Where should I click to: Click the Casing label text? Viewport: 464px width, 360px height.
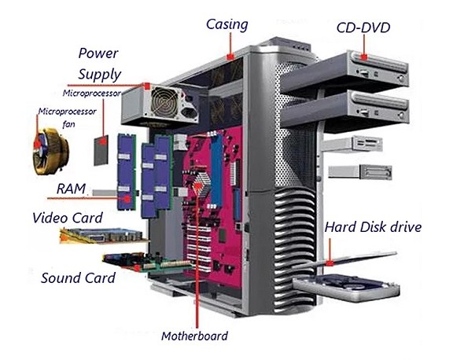[x=227, y=24]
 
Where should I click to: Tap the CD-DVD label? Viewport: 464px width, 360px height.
[x=363, y=28]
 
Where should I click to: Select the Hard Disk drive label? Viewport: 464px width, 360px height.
[x=373, y=227]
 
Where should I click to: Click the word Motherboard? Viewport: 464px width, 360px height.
[x=195, y=336]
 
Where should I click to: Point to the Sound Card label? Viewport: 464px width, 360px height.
[x=78, y=278]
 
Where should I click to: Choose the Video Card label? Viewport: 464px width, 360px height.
[x=68, y=218]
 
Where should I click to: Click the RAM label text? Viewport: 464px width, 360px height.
[x=71, y=189]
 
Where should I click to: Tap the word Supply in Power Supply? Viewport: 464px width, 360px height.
[x=100, y=74]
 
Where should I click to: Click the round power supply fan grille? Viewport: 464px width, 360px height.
[x=165, y=101]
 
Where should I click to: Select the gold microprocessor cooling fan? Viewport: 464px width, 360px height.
[x=50, y=151]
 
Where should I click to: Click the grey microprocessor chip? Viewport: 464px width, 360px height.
[x=101, y=150]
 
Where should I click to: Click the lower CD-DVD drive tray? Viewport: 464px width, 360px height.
[x=344, y=109]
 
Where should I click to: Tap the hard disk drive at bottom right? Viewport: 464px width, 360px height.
[x=346, y=287]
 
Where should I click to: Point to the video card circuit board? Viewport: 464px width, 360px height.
[x=102, y=236]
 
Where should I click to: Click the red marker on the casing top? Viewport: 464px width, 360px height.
[x=230, y=56]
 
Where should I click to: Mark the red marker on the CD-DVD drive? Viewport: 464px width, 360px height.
[x=364, y=57]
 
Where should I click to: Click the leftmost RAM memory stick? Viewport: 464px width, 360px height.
[x=127, y=171]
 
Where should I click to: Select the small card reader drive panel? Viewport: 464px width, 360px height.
[x=352, y=145]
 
